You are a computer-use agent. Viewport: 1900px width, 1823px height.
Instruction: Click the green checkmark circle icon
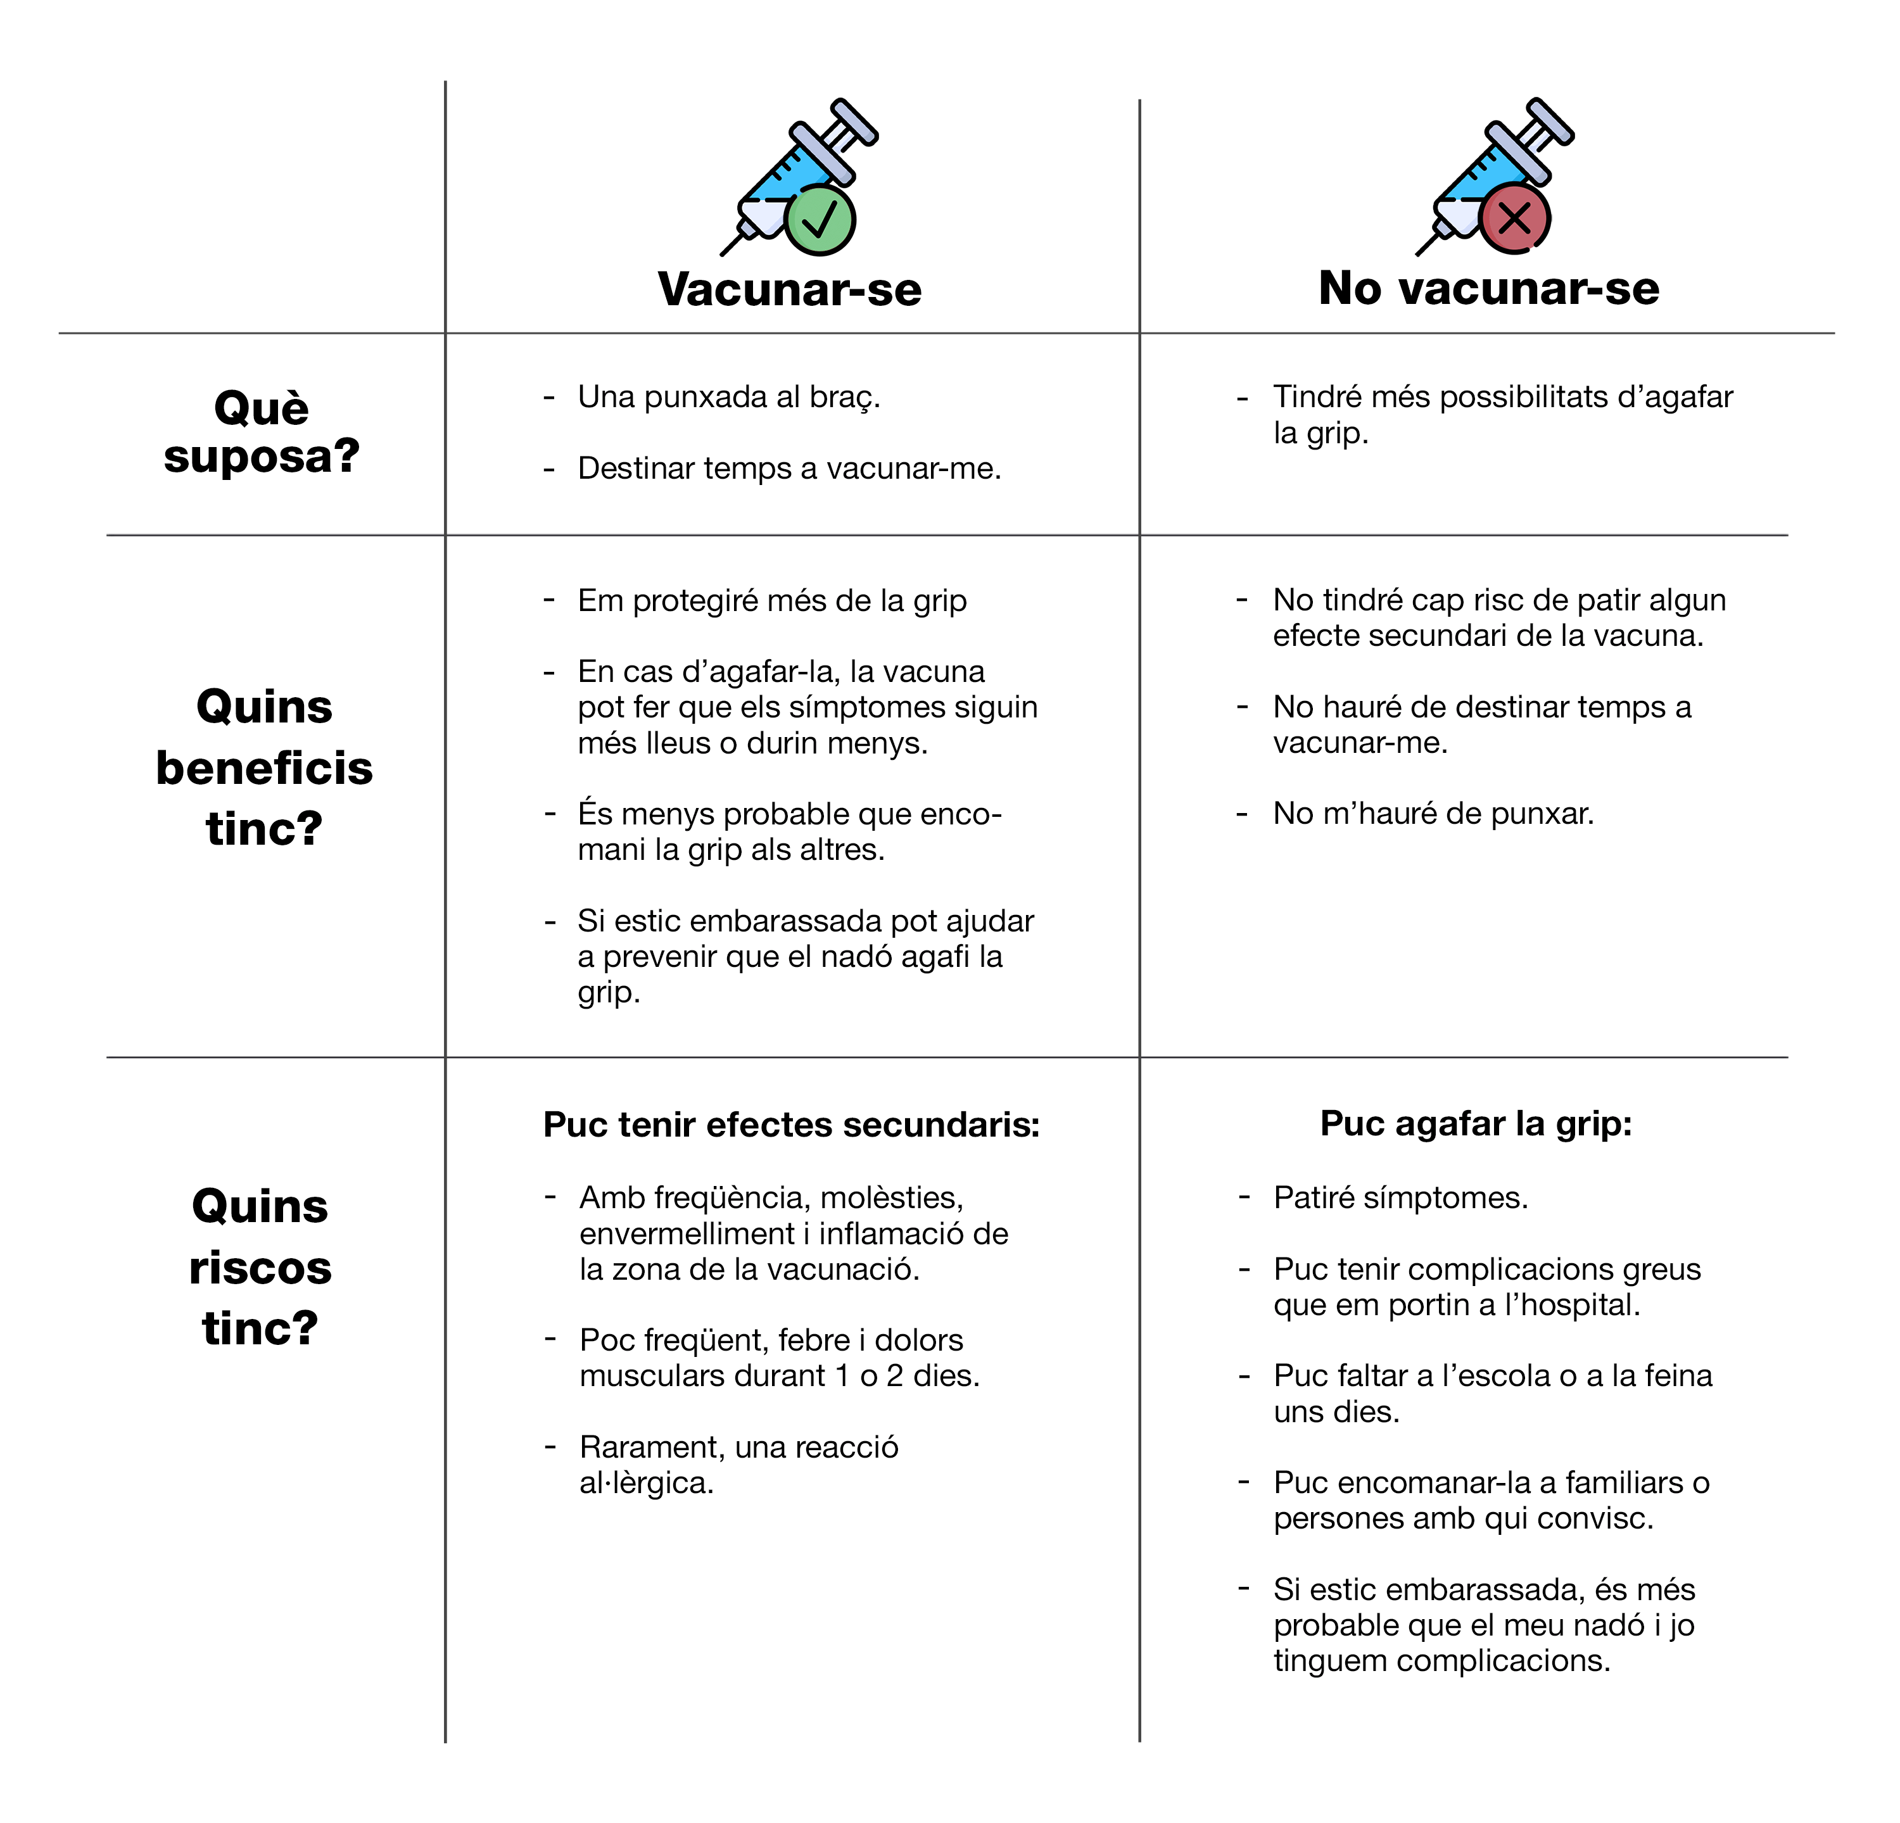click(819, 221)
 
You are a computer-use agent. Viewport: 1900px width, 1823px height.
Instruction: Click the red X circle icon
click(1514, 219)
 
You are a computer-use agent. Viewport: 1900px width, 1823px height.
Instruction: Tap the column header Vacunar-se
click(789, 289)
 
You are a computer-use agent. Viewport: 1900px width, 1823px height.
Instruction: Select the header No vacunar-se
click(1488, 288)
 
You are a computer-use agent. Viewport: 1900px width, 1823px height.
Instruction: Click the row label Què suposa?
click(262, 431)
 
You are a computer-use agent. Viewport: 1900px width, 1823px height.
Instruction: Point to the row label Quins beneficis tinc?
click(263, 767)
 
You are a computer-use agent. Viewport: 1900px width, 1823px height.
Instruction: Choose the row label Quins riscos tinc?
click(260, 1266)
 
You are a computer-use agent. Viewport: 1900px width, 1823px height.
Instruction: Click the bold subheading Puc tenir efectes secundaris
click(791, 1124)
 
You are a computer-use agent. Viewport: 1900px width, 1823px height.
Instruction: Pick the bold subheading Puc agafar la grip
click(1476, 1123)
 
